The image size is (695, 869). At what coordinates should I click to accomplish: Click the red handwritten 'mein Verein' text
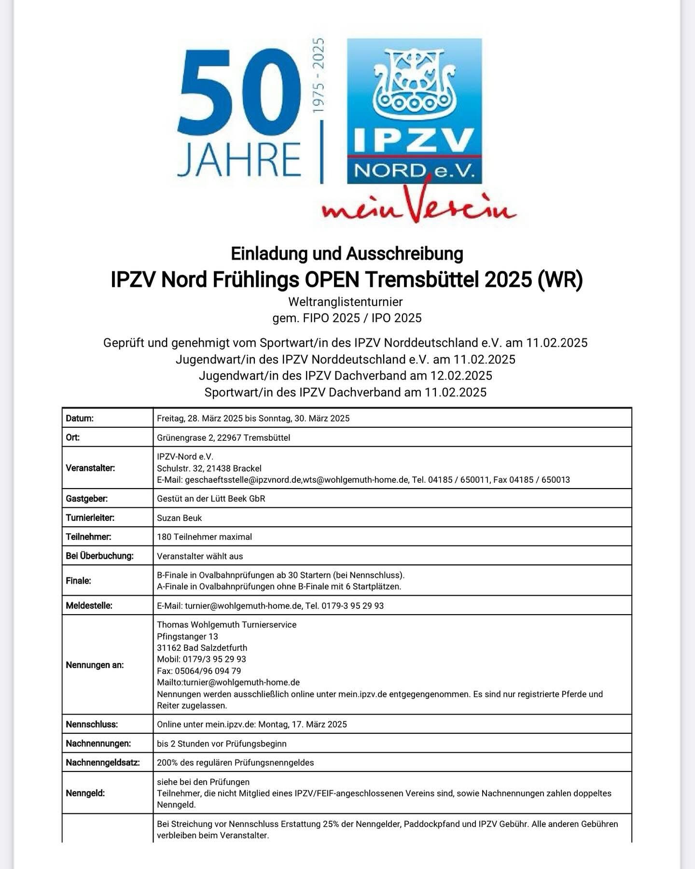tap(419, 207)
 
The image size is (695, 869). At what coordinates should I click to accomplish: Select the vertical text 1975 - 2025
tap(319, 76)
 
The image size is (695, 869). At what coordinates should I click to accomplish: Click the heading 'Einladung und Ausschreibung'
tap(347, 253)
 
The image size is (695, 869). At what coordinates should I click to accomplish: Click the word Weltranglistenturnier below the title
tap(345, 302)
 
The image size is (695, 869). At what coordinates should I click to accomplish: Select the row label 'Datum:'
tap(80, 418)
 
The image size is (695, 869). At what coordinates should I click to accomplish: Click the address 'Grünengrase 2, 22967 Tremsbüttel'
tap(223, 438)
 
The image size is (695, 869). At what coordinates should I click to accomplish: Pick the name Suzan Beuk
tap(180, 518)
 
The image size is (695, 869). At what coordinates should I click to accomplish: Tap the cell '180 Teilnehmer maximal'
tap(204, 537)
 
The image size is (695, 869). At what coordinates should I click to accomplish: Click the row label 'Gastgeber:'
tap(87, 499)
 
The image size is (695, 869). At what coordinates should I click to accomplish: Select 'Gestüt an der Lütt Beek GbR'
tap(211, 499)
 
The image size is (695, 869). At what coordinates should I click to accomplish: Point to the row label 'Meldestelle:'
tap(89, 605)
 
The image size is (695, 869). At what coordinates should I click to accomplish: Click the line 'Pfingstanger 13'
tap(187, 636)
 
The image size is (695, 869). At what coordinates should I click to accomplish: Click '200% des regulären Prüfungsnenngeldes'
tap(235, 763)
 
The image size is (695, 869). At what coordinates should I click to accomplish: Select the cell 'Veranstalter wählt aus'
tap(200, 556)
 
